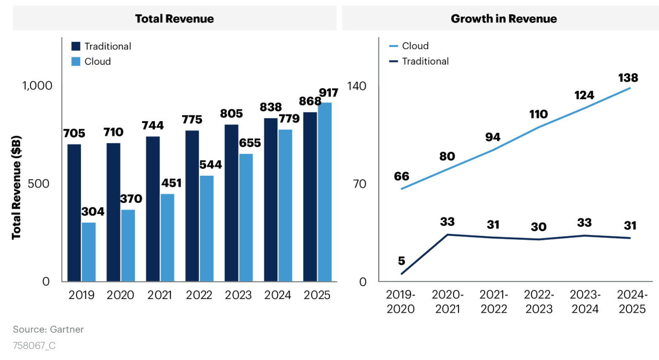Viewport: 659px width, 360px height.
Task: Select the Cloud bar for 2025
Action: tap(324, 192)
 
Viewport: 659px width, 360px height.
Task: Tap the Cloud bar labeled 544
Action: tap(207, 228)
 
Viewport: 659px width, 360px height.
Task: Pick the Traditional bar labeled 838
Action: tap(271, 199)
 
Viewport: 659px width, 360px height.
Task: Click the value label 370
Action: tap(131, 199)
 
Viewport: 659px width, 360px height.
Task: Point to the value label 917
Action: tap(329, 93)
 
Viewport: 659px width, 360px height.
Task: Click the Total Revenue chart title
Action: tap(174, 19)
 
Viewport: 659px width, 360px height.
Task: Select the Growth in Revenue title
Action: tap(504, 19)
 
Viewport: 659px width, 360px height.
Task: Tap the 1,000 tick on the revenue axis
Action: tap(37, 86)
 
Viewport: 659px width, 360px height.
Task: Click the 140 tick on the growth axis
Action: tap(357, 86)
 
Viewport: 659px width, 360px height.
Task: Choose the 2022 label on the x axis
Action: tap(199, 295)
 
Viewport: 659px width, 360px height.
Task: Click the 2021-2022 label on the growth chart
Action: tap(494, 302)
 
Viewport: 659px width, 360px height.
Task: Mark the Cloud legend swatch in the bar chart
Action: tap(76, 62)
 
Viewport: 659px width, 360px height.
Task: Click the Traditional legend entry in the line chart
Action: tap(425, 61)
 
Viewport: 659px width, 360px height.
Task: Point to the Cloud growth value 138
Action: tap(628, 78)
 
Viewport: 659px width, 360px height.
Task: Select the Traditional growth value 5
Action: tap(401, 261)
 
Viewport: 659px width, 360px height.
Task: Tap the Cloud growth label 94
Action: tap(493, 137)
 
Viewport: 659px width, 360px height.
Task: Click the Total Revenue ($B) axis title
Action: tap(16, 187)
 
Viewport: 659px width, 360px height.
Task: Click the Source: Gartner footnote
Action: tap(48, 330)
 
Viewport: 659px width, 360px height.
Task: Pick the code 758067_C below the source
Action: tap(34, 346)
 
